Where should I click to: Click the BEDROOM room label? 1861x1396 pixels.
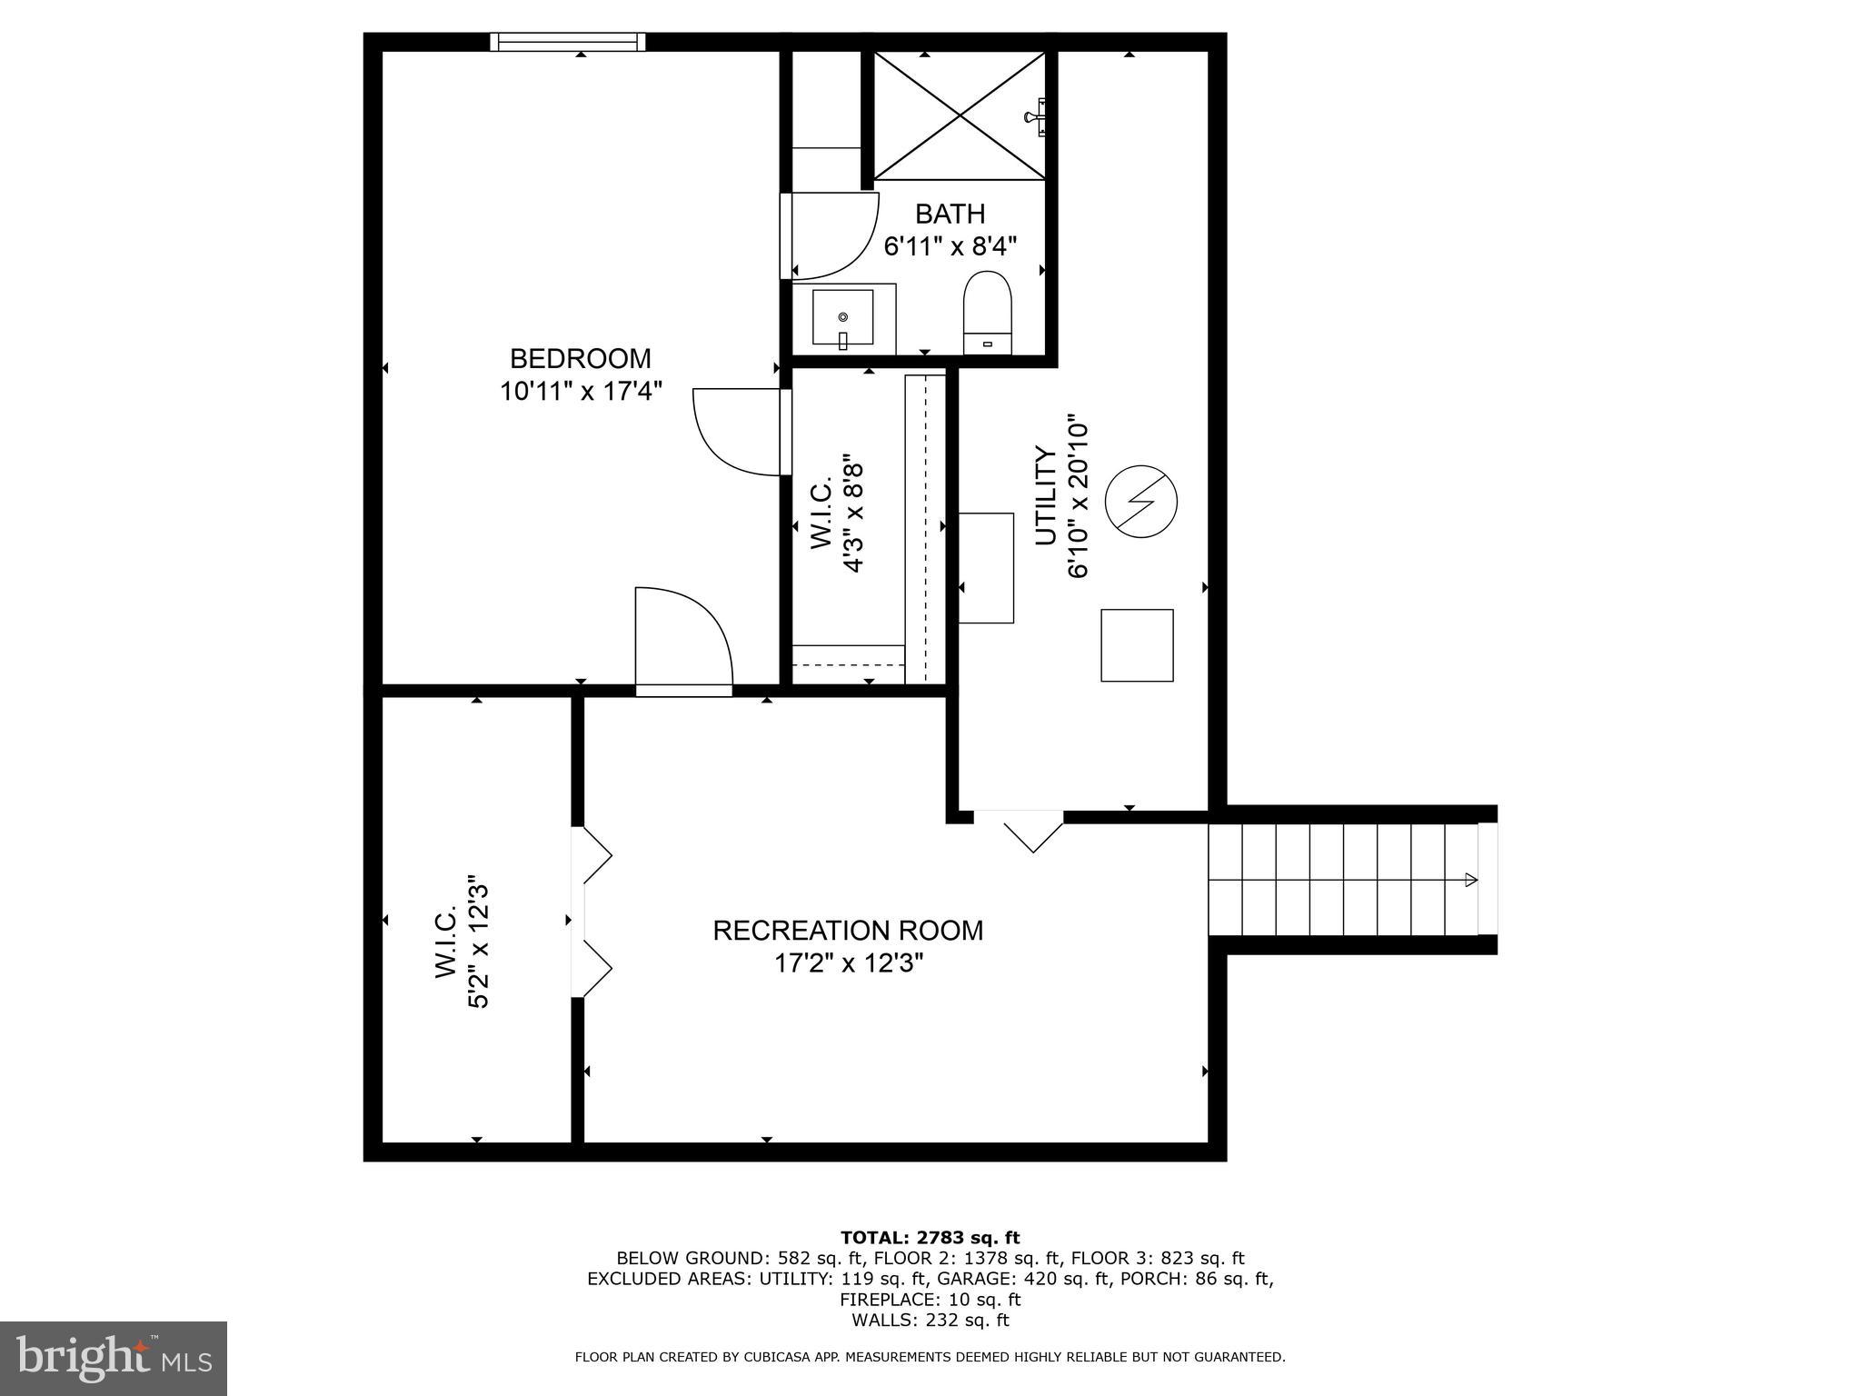click(580, 358)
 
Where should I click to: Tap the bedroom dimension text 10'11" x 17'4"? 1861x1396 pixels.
click(580, 392)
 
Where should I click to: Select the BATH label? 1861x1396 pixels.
click(950, 214)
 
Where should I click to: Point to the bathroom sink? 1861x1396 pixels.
click(842, 318)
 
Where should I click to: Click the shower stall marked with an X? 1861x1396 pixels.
click(960, 115)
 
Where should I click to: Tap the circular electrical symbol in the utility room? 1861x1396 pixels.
click(1140, 502)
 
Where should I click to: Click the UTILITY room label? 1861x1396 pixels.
click(1047, 496)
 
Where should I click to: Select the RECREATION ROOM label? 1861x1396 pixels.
click(847, 931)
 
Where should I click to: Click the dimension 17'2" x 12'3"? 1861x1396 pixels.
click(847, 963)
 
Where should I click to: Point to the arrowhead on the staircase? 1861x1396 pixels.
click(1470, 880)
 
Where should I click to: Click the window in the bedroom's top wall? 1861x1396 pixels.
click(568, 42)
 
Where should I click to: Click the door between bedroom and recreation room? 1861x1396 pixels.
click(683, 642)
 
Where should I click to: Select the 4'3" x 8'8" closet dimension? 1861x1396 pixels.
click(852, 514)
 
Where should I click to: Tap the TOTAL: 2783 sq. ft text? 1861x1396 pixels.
click(930, 1238)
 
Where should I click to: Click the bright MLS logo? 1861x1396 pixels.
click(114, 1358)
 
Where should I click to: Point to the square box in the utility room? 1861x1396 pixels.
click(1137, 645)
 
